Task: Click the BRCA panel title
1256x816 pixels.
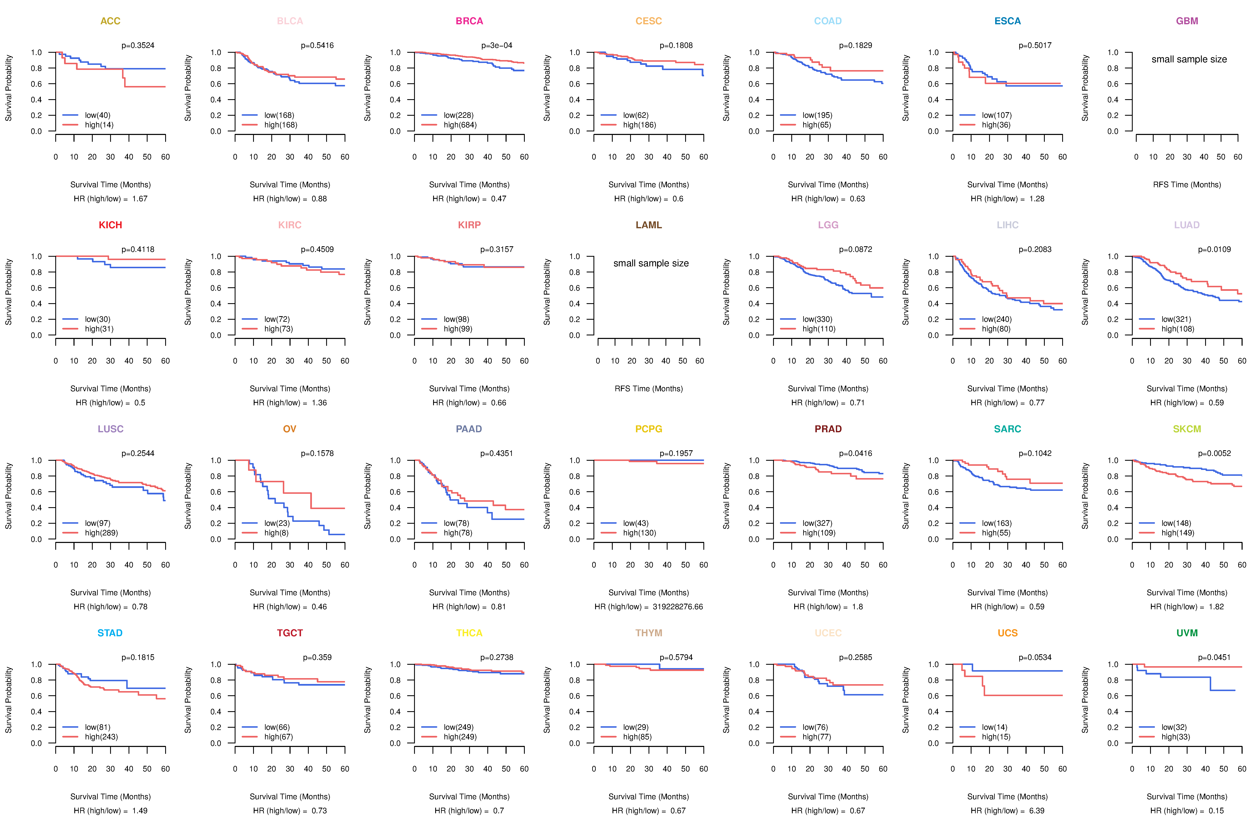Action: (469, 21)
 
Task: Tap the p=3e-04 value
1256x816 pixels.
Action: (497, 45)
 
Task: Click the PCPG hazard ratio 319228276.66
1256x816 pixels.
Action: (678, 607)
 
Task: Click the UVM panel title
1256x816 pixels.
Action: (1187, 633)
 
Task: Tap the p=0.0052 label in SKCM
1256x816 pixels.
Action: (1214, 454)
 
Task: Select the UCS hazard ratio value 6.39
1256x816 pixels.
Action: (1036, 811)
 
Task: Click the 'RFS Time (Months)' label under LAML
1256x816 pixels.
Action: (649, 389)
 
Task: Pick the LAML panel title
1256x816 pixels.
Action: (649, 225)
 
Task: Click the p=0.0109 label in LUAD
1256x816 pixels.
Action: (1214, 249)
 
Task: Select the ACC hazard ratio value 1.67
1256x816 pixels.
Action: (140, 199)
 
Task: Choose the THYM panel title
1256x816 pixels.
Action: (649, 633)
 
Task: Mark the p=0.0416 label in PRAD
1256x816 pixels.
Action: (856, 454)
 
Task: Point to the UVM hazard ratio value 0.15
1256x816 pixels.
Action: (1216, 811)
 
